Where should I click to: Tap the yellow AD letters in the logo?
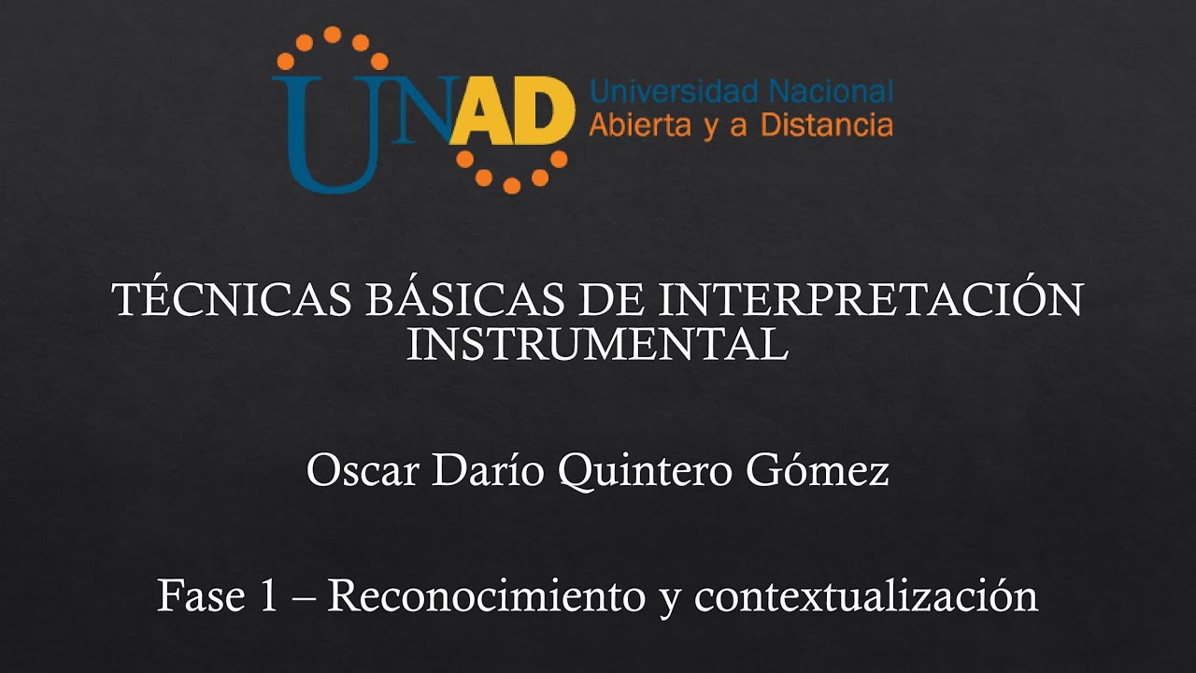[511, 114]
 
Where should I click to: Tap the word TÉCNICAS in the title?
[228, 301]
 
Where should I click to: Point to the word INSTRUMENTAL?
[598, 345]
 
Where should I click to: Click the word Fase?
[195, 596]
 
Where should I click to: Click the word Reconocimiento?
[486, 596]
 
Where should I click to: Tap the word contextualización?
[865, 596]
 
